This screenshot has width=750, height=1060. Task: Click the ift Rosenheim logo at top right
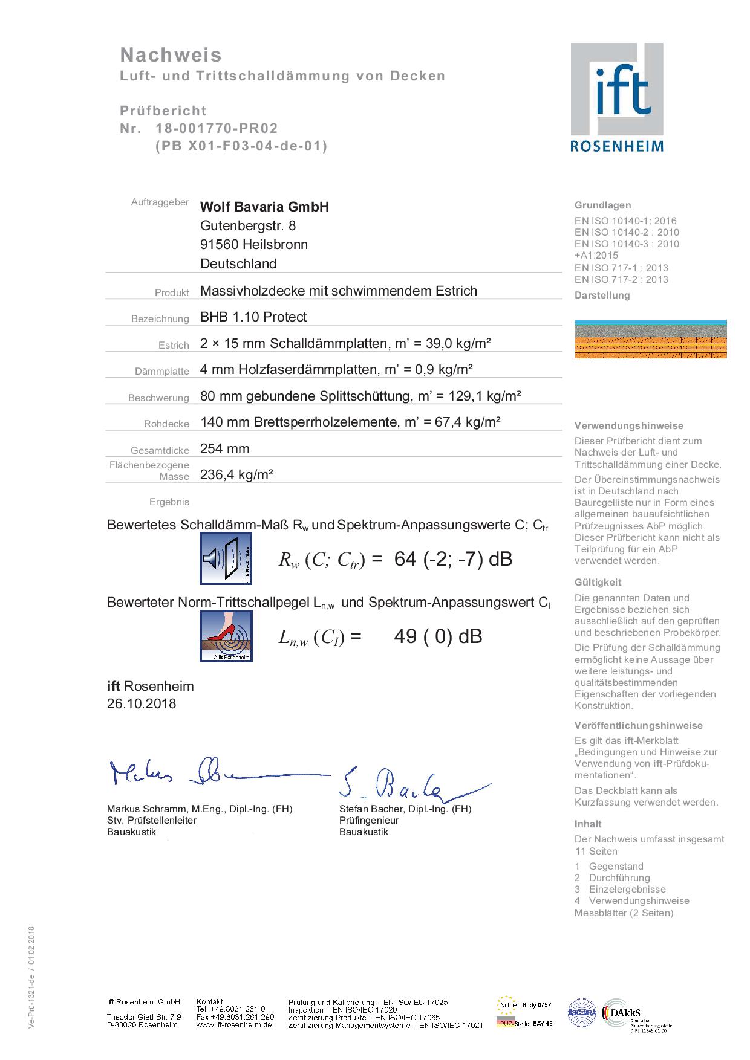click(616, 97)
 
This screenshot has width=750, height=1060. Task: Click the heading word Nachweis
click(171, 55)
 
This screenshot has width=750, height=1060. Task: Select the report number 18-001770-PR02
click(217, 128)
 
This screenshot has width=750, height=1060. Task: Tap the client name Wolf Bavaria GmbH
click(264, 207)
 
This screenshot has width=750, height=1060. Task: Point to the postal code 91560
click(219, 245)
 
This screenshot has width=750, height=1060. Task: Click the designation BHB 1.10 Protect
click(253, 317)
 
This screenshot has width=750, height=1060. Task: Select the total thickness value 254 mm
click(224, 448)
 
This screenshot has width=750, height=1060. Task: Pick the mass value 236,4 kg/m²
click(236, 474)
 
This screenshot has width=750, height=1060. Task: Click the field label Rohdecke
click(166, 424)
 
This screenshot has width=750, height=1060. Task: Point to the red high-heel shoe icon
click(226, 636)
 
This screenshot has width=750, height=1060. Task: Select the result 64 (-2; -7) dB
click(453, 559)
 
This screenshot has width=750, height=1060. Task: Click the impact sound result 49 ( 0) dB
click(438, 636)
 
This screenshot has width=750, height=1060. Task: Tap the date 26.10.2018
click(142, 703)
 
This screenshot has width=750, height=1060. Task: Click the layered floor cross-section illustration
click(650, 338)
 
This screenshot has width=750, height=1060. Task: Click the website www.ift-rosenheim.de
click(234, 1025)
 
